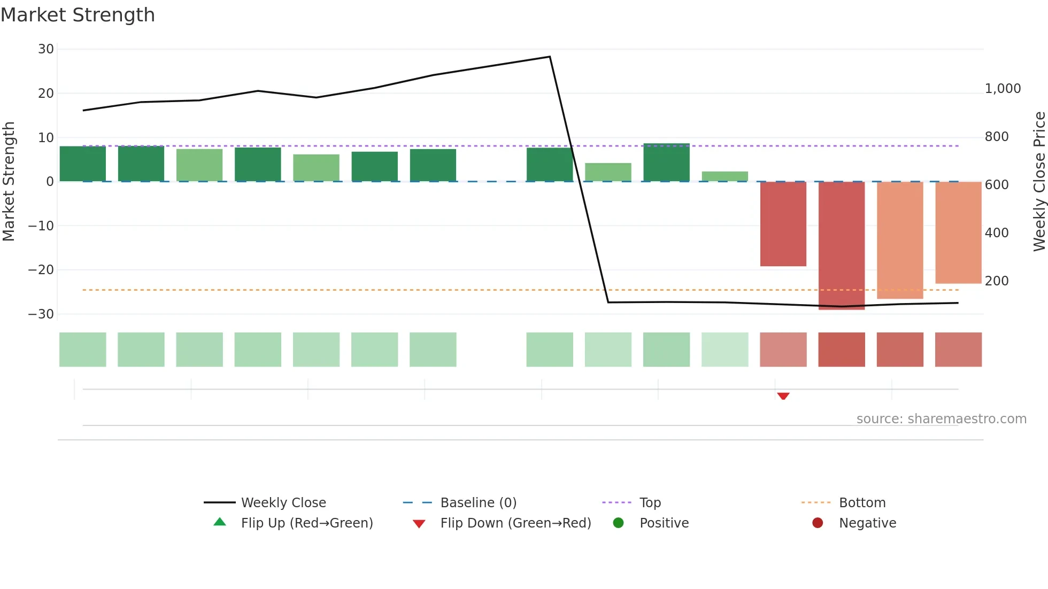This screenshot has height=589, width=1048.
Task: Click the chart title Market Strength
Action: pos(78,15)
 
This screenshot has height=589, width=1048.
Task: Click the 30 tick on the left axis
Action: pos(46,49)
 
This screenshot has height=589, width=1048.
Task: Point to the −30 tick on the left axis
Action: pos(41,314)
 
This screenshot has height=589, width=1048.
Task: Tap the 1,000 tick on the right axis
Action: pos(1003,89)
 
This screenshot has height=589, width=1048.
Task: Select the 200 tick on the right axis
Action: pos(997,281)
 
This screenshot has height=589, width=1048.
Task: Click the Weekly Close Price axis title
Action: pos(1039,182)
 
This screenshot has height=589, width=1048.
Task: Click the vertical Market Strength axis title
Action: pos(9,182)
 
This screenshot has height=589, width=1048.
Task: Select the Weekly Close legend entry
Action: pos(283,503)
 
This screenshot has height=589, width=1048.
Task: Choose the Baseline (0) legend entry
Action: pos(478,503)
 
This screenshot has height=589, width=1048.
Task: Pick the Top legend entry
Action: pos(650,503)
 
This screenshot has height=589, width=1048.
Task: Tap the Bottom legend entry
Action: pos(862,503)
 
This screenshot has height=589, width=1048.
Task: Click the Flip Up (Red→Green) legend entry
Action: pos(306,523)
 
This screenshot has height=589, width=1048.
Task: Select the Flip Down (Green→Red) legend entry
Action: pos(515,523)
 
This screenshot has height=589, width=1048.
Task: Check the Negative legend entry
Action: pos(867,523)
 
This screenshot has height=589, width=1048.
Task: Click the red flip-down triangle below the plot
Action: pos(783,396)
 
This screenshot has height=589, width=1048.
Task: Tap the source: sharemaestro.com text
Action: pos(941,419)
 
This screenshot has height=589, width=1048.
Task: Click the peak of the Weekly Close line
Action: pos(550,57)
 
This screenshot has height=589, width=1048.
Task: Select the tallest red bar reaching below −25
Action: pos(842,246)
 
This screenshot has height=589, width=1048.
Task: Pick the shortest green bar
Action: pos(725,176)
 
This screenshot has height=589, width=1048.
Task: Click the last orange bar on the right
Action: pos(958,232)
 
